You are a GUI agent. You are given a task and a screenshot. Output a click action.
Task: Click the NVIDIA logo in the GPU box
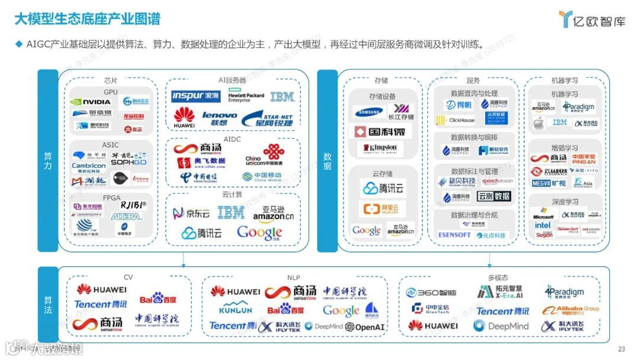click(x=92, y=102)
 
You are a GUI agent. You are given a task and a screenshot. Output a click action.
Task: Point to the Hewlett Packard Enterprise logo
click(x=246, y=98)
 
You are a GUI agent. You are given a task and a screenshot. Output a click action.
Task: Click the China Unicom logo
click(x=264, y=157)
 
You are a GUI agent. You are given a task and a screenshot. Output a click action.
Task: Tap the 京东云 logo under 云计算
click(x=191, y=213)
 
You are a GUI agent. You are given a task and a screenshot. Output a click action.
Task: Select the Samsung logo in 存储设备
click(x=368, y=112)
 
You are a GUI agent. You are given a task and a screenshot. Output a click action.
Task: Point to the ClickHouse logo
click(x=456, y=120)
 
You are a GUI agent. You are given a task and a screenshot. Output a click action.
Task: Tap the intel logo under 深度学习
click(x=543, y=225)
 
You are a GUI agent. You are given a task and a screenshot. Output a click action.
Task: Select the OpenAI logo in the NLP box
click(x=365, y=326)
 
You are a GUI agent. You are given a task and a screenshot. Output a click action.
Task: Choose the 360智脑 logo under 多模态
click(x=431, y=292)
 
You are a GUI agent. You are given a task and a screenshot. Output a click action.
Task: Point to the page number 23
click(x=621, y=349)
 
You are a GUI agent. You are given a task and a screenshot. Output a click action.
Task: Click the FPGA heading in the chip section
click(x=111, y=198)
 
